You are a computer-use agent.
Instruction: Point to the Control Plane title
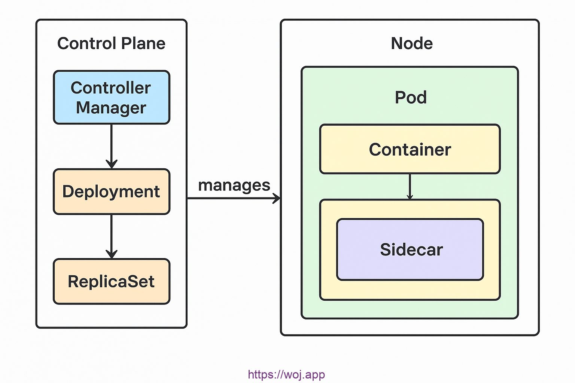pos(111,43)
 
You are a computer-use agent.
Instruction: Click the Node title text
pos(412,43)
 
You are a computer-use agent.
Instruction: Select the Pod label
pos(411,98)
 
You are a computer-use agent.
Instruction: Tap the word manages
pos(234,185)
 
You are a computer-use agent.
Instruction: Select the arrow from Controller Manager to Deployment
pos(112,146)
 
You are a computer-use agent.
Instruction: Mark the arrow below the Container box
pos(410,186)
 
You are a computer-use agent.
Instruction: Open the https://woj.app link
pos(286,374)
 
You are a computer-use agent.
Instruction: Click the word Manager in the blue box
pos(111,108)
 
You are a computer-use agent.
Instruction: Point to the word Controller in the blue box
pos(111,88)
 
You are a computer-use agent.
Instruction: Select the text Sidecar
pos(411,249)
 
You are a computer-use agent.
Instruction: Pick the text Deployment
pos(111,191)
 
